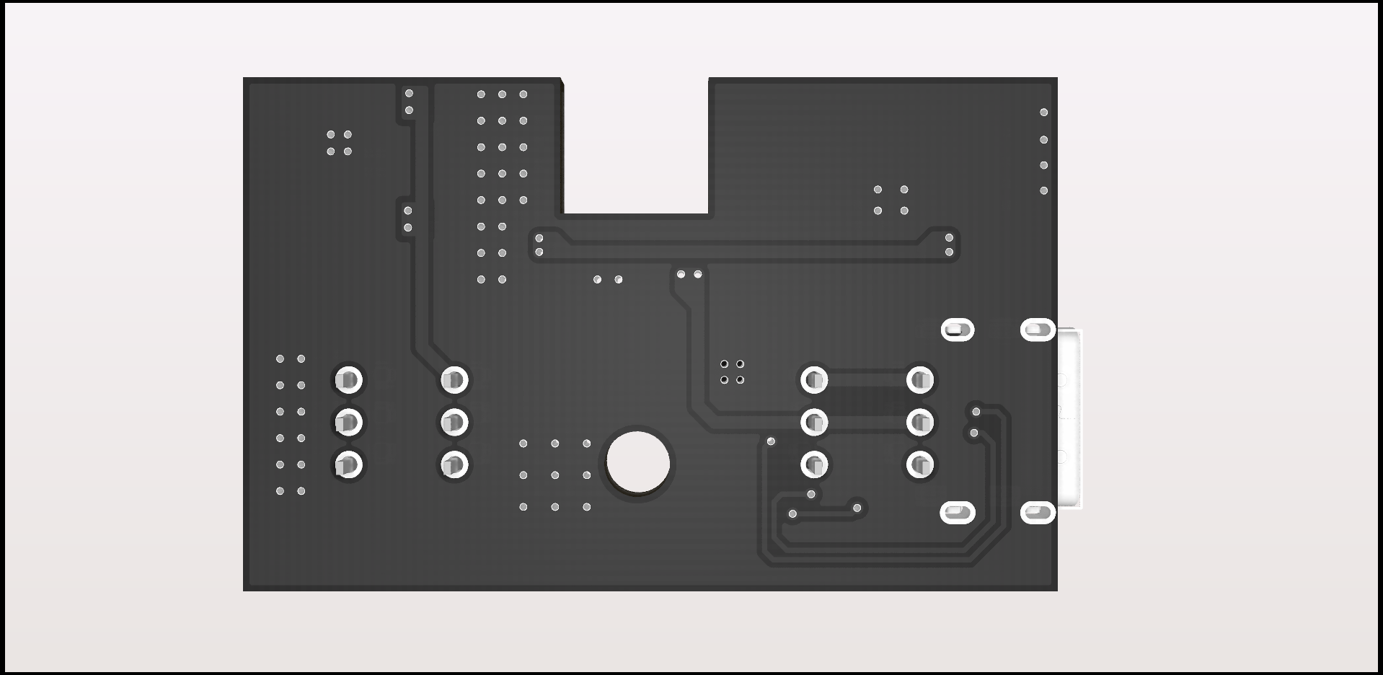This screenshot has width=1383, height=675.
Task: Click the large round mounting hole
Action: [x=638, y=462]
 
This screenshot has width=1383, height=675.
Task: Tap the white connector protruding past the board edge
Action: [x=1070, y=420]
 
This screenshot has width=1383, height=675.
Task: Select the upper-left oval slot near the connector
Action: [x=958, y=330]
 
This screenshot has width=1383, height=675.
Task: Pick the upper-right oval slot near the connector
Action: [x=1038, y=330]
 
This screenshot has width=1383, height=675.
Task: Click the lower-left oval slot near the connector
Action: [x=958, y=513]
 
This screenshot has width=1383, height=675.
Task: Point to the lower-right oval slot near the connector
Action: [x=1038, y=513]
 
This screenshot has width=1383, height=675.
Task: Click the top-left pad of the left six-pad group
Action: [x=348, y=379]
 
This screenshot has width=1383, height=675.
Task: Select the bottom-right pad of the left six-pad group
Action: [x=454, y=464]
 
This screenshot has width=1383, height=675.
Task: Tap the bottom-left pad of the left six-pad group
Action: [x=348, y=464]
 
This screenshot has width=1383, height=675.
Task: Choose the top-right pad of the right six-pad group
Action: [x=920, y=379]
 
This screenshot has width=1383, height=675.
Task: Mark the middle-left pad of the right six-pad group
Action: [x=814, y=422]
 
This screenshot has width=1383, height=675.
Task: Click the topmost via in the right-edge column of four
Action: [x=1043, y=112]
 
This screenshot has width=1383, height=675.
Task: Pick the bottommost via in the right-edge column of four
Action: [x=1043, y=191]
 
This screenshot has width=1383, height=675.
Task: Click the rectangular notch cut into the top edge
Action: [x=636, y=144]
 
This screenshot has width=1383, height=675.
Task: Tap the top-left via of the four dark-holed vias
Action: [x=724, y=364]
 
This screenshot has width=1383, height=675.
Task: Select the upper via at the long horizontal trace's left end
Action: [x=539, y=239]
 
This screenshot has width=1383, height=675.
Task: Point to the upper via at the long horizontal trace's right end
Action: [x=949, y=238]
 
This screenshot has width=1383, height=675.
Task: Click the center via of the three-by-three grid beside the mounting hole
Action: [x=555, y=475]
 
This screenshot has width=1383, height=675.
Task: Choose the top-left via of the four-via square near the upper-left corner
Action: [x=331, y=135]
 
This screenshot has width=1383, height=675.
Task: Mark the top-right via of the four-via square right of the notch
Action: [x=904, y=190]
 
